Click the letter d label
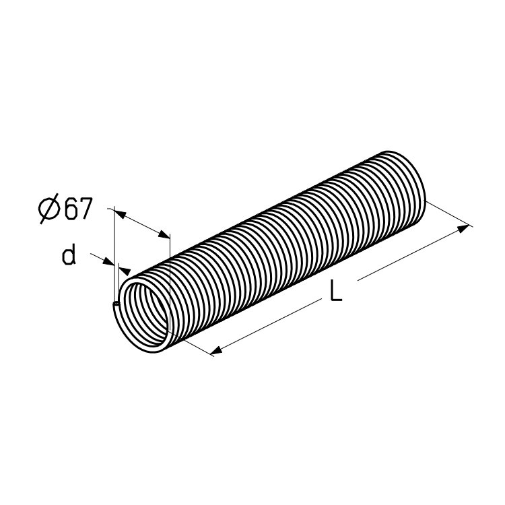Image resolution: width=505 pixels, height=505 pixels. (x=69, y=255)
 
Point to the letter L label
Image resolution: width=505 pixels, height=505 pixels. (x=336, y=290)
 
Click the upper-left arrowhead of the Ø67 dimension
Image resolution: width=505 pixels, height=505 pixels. (x=120, y=214)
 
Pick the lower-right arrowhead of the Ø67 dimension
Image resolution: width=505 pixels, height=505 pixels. (x=164, y=235)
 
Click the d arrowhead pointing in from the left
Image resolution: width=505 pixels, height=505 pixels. (x=108, y=261)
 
